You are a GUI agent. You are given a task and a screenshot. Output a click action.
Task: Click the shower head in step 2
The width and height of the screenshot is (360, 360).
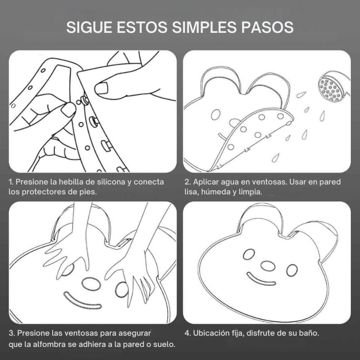pos(333,87)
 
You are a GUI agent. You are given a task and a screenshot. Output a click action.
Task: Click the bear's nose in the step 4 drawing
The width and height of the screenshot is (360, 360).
pos(268,266)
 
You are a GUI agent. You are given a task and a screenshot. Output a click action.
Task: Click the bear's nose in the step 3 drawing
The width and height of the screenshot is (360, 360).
pos(91,284)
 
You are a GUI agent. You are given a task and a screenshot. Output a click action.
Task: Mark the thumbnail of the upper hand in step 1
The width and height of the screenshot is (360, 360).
pos(101,88)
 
